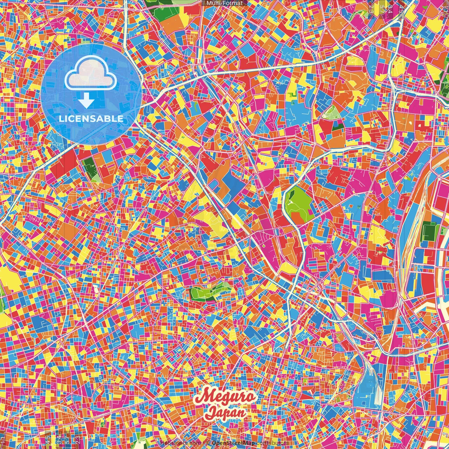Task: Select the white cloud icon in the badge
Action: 91,73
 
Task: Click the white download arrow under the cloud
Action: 86,101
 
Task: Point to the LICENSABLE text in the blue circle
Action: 91,119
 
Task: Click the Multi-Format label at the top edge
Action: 224,3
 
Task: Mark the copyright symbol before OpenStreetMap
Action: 208,443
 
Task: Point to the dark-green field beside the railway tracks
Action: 428,232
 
